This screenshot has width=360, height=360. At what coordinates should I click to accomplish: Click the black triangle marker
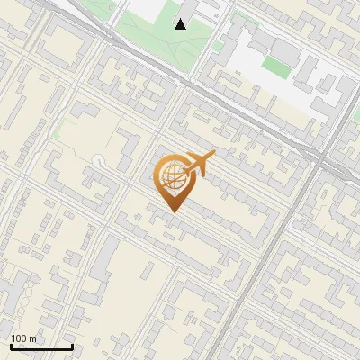(x=181, y=24)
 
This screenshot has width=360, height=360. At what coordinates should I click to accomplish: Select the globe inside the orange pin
(x=171, y=176)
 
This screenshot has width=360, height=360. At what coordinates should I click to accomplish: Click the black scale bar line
(x=41, y=346)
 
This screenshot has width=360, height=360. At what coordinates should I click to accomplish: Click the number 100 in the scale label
(x=21, y=338)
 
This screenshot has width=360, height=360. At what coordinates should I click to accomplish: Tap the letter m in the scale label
(x=32, y=338)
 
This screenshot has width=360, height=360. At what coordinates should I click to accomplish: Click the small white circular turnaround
(x=97, y=160)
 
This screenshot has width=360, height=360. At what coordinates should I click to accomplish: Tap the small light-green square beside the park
(x=218, y=46)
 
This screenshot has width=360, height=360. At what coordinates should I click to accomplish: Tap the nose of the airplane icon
(x=212, y=156)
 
